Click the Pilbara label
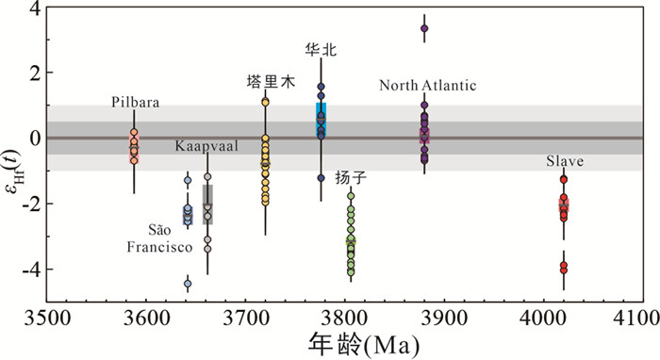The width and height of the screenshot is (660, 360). [135, 102]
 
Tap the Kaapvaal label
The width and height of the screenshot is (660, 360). [206, 146]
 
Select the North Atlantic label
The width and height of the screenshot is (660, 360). [428, 86]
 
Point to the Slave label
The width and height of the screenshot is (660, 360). [565, 161]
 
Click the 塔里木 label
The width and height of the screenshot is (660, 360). [271, 81]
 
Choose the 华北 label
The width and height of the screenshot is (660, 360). [321, 50]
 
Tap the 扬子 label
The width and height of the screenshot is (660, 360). [351, 177]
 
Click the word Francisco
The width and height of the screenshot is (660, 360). [159, 247]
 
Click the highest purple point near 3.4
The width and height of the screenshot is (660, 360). [424, 28]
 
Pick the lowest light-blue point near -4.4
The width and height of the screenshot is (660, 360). [188, 284]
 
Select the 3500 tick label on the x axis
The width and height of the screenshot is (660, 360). [47, 319]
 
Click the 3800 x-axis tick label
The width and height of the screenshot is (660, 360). [345, 319]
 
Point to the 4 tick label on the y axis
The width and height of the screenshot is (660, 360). [35, 8]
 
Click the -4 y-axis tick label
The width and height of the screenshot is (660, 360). [31, 270]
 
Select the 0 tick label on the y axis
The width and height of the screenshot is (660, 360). [35, 138]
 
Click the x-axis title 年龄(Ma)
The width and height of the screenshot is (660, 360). [364, 345]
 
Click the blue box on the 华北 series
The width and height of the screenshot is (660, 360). [322, 120]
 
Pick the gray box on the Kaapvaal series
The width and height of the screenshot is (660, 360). [207, 205]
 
